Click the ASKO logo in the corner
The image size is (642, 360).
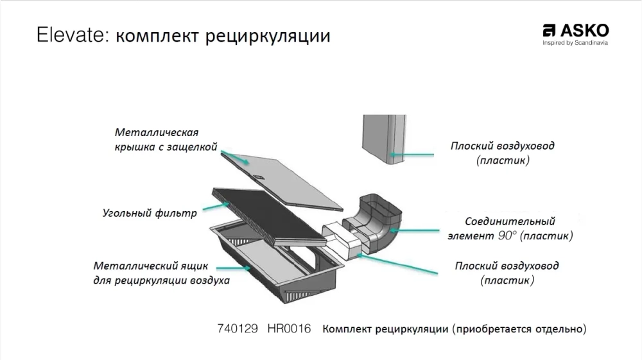576,31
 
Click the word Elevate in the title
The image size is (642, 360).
72,35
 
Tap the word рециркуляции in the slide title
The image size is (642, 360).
268,37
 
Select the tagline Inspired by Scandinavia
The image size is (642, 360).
575,43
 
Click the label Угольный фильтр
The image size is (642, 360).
150,213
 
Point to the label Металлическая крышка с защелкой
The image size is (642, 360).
166,140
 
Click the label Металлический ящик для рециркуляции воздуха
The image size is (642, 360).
161,273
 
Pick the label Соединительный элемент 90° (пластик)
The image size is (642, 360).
510,228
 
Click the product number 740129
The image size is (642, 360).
238,329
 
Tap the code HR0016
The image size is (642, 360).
289,329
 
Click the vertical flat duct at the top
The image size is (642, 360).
384,139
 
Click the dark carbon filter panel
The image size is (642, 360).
269,218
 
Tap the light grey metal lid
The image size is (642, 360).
282,180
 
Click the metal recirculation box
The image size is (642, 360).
277,262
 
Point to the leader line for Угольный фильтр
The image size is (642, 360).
216,207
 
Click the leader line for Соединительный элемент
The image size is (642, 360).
414,231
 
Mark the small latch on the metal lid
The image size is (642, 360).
259,176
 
